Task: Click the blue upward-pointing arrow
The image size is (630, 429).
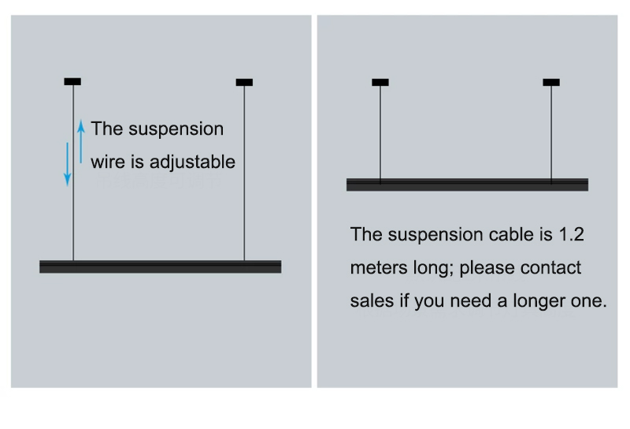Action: (x=81, y=141)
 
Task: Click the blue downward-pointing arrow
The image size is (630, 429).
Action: (x=68, y=164)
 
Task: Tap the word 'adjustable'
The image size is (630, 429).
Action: (x=192, y=162)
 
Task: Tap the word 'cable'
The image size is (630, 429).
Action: (x=513, y=234)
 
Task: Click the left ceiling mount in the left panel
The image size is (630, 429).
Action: (x=72, y=82)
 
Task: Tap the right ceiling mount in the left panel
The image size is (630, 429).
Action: (x=244, y=83)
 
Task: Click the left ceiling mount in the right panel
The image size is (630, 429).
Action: (x=380, y=83)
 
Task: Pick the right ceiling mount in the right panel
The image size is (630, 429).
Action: (x=551, y=83)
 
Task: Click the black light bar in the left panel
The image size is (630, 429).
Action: (x=161, y=267)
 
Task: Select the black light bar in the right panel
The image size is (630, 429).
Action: (x=467, y=185)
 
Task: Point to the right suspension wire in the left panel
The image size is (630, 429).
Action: (x=244, y=173)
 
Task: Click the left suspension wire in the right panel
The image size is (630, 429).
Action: (x=380, y=132)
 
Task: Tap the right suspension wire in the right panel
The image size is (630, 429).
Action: (x=551, y=132)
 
